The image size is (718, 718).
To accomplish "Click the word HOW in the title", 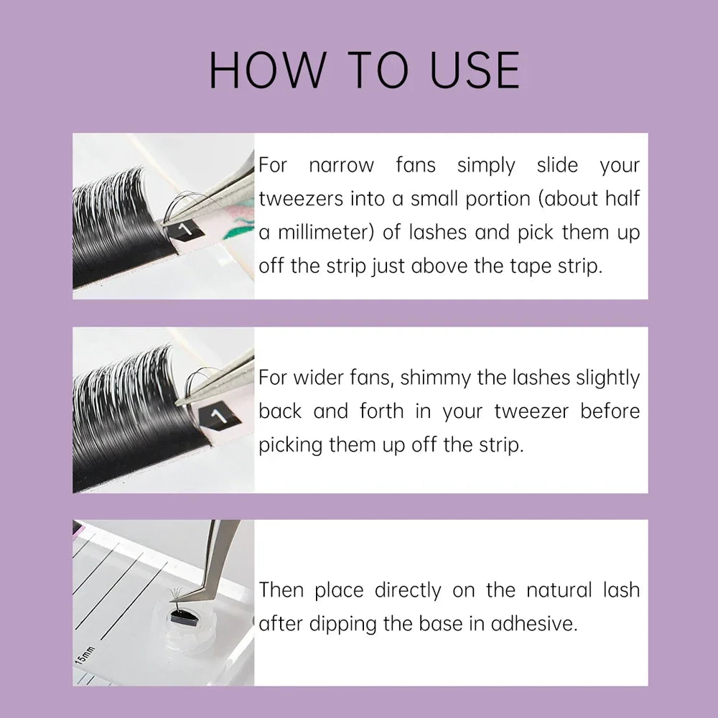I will pyautogui.click(x=266, y=70).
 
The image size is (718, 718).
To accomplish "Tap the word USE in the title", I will pyautogui.click(x=475, y=70).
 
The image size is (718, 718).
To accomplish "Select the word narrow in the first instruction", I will pyautogui.click(x=341, y=165).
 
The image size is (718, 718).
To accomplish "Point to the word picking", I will pyautogui.click(x=290, y=445).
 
